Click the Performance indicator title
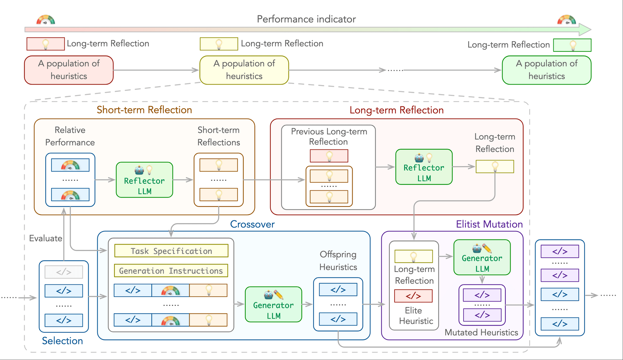tap(306, 19)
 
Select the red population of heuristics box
tap(69, 70)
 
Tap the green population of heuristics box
tap(547, 70)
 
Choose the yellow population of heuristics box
tap(244, 70)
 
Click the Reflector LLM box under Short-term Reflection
tap(144, 180)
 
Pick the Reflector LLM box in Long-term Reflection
tap(424, 167)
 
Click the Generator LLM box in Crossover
tap(273, 305)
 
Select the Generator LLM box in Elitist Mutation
tap(482, 257)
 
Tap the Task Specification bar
tap(171, 251)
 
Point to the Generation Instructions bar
tap(171, 271)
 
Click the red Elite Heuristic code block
tap(413, 296)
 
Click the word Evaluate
tap(46, 238)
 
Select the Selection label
tap(62, 341)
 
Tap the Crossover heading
tap(252, 224)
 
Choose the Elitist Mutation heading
tap(489, 224)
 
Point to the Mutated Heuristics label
tap(481, 332)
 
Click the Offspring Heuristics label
tap(338, 261)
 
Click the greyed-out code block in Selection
tap(64, 272)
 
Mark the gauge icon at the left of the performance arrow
tap(46, 20)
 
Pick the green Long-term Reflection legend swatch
tap(572, 45)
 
